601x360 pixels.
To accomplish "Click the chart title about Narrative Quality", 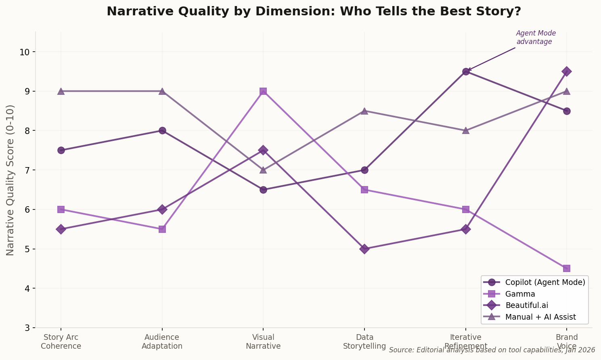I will coord(314,11).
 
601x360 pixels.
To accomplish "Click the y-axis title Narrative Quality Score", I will coord(10,180).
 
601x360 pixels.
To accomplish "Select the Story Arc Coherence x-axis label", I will coord(61,341).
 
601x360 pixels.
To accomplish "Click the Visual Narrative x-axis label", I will coord(263,341).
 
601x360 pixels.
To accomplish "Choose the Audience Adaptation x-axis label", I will coord(162,341).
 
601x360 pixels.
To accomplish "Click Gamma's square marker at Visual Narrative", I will coord(263,91).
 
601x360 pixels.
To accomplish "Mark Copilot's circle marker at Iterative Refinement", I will coord(466,71).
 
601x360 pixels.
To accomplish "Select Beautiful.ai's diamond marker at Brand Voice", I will coord(567,71).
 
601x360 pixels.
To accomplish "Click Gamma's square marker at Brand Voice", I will coord(567,268).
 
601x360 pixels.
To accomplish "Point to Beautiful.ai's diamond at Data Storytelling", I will coord(364,249).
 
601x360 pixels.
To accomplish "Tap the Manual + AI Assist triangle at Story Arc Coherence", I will coord(61,91).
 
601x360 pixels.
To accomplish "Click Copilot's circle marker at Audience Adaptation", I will coord(162,130).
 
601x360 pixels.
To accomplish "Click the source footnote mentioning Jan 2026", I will coord(492,350).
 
